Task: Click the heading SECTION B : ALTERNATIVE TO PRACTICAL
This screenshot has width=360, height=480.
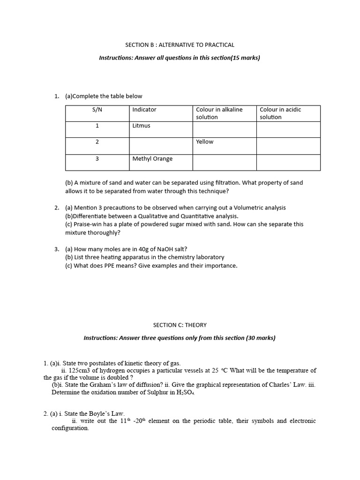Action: tap(180, 45)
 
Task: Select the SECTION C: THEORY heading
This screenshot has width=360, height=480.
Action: tap(180, 324)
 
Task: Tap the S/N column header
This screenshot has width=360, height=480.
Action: tap(97, 110)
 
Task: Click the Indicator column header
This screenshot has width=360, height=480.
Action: tap(144, 110)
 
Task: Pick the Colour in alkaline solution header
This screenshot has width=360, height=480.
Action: tap(219, 113)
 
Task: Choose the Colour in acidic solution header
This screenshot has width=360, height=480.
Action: tap(281, 113)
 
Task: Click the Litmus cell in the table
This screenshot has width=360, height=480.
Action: tap(142, 126)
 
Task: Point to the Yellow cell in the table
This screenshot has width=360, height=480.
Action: tap(205, 142)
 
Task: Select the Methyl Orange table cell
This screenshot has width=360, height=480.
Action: tap(152, 158)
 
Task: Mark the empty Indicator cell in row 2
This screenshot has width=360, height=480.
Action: tap(161, 145)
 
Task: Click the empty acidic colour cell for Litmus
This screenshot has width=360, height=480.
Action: tap(288, 129)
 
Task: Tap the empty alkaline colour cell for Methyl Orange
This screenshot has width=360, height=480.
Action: tap(225, 162)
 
